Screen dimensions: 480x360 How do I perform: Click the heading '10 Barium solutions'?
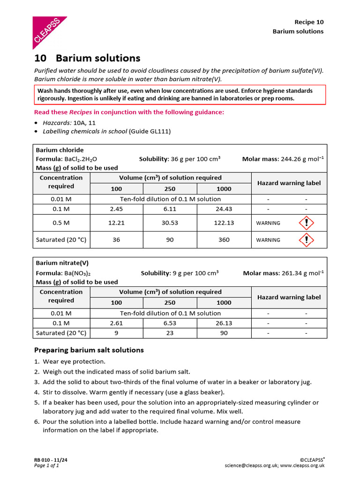click(x=87, y=58)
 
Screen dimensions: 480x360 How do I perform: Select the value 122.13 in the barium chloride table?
click(x=224, y=223)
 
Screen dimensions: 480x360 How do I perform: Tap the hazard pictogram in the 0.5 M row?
click(x=306, y=223)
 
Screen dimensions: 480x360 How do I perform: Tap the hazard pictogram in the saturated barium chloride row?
click(x=306, y=240)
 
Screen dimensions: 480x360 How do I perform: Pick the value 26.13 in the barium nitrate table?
click(x=224, y=323)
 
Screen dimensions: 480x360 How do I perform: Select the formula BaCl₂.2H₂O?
click(x=81, y=159)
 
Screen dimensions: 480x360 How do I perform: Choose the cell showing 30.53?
click(x=170, y=223)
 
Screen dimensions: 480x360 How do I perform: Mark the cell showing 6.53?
click(x=170, y=323)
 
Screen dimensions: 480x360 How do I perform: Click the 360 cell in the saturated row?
click(x=224, y=240)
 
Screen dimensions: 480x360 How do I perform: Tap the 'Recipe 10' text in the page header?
click(x=308, y=22)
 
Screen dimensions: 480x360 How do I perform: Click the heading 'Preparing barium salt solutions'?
click(x=89, y=350)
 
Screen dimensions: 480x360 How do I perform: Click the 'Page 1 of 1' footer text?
click(x=46, y=465)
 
